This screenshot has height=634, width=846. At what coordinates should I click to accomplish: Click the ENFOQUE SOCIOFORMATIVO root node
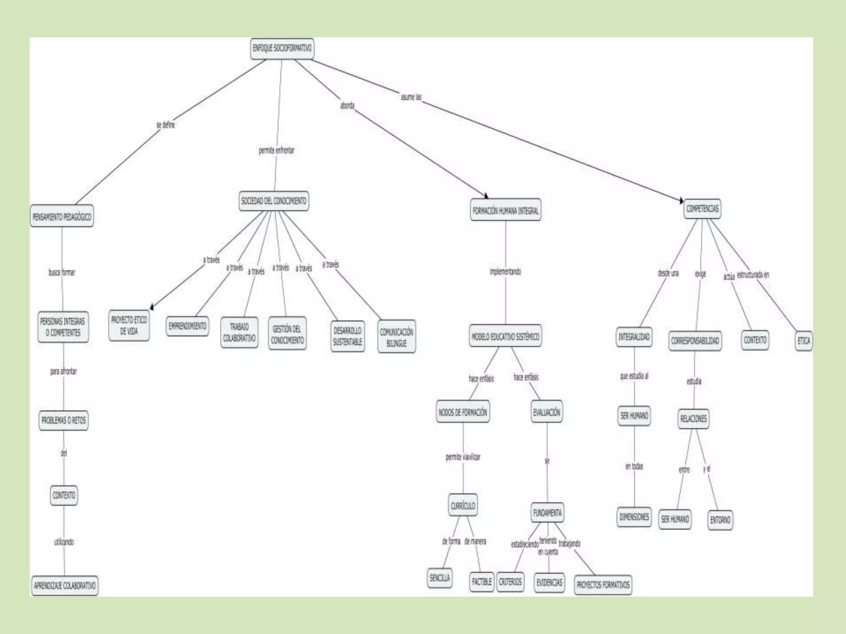[x=282, y=49]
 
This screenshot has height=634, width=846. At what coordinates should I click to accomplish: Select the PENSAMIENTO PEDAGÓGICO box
[x=62, y=216]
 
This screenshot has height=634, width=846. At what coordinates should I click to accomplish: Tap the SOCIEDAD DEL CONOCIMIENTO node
[x=273, y=201]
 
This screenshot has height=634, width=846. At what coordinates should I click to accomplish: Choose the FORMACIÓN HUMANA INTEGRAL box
[x=506, y=211]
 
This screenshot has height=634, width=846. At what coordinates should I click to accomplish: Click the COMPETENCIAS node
[x=702, y=209]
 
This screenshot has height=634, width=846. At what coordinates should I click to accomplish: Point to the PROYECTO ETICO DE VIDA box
[x=129, y=326]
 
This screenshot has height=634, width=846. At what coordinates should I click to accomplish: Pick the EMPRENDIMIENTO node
[x=187, y=326]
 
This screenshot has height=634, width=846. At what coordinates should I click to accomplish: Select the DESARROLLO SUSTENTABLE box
[x=348, y=336]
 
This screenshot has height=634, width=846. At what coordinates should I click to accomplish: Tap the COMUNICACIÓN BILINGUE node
[x=397, y=337]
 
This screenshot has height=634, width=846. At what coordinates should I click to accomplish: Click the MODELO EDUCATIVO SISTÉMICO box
[x=505, y=336]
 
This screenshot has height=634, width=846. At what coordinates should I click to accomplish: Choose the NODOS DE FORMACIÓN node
[x=463, y=412]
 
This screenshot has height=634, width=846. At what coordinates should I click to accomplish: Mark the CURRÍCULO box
[x=463, y=506]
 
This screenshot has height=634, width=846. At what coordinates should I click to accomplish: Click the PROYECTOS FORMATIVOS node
[x=603, y=585]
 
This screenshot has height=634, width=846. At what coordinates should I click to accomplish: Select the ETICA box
[x=803, y=341]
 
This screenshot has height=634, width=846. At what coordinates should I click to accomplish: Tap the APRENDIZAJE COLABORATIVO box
[x=65, y=586]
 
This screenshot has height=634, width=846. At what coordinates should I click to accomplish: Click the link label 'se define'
[x=166, y=125]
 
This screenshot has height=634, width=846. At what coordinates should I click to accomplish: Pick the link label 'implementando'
[x=505, y=272]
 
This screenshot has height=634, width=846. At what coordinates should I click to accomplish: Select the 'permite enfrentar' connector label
[x=276, y=151]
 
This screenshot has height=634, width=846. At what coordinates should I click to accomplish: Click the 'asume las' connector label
[x=411, y=97]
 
